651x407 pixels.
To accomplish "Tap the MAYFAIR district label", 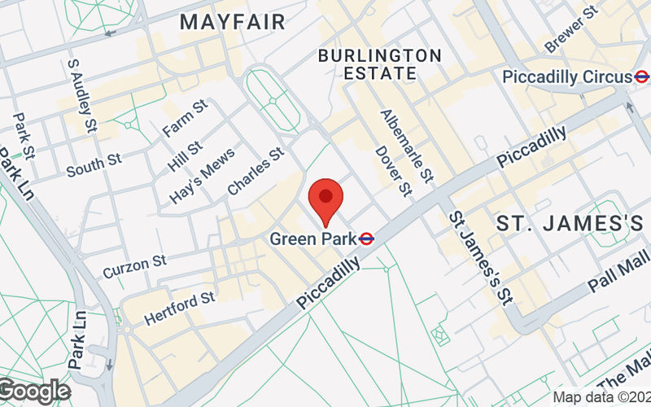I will click(x=233, y=22).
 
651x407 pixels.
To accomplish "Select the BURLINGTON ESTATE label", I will click(x=380, y=63).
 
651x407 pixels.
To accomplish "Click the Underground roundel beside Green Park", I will click(x=367, y=239).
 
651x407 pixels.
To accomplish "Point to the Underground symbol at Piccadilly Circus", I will click(x=643, y=77).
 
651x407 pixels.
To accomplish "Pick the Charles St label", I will click(x=255, y=170).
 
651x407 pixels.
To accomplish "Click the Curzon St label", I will click(x=134, y=265).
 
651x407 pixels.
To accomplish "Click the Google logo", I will click(x=34, y=391).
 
